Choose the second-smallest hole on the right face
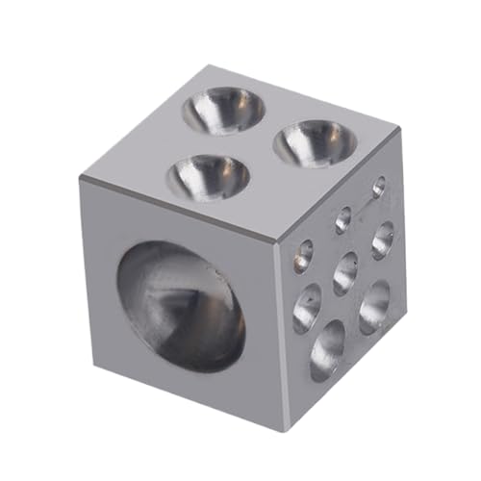342,218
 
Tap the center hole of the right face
345,273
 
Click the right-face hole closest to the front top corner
303,254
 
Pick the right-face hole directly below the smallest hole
382,238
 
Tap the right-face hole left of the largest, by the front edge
306,308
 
